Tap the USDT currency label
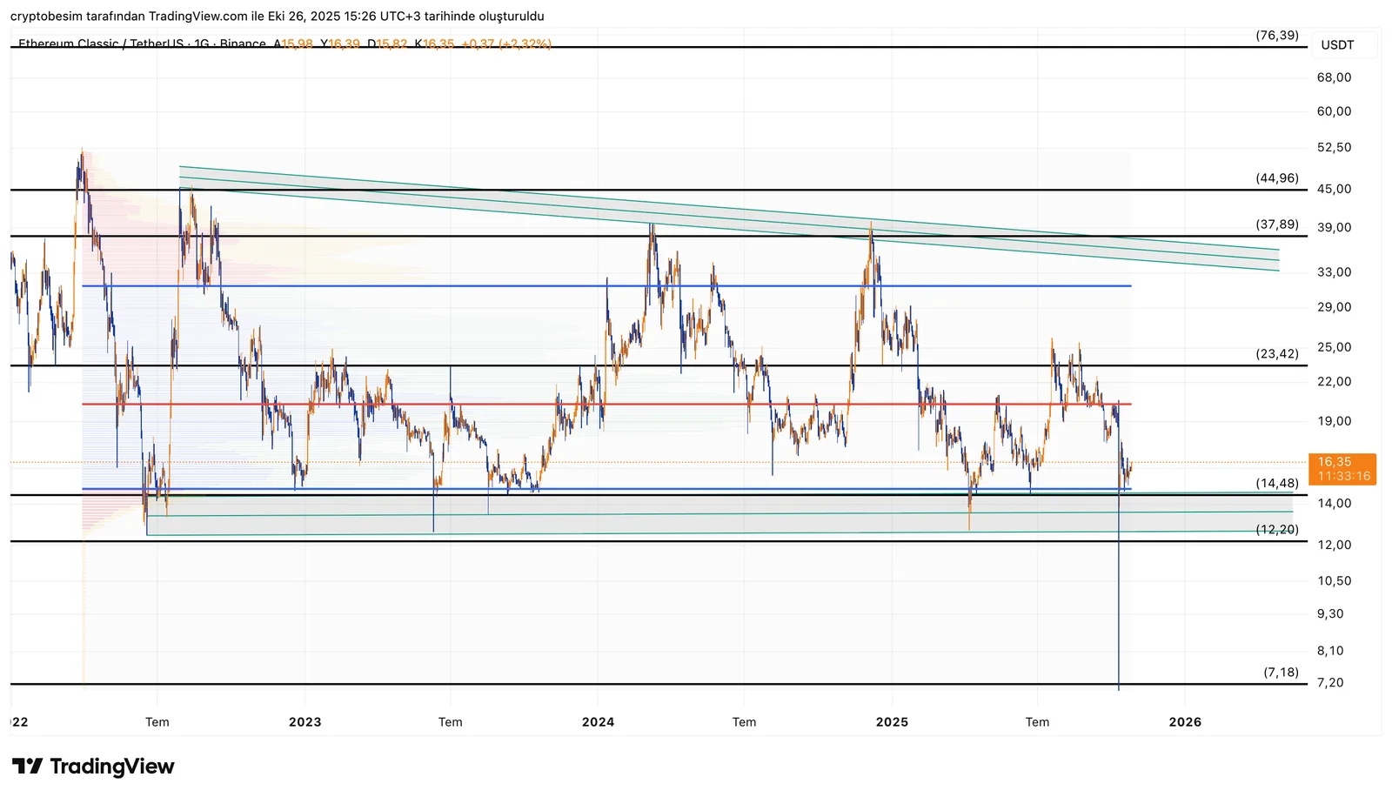(x=1337, y=45)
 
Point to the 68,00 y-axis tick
(x=1334, y=77)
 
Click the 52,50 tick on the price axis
(x=1334, y=148)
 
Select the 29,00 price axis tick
(x=1334, y=307)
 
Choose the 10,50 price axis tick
(x=1334, y=581)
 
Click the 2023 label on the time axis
(x=304, y=722)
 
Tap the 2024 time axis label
(x=598, y=722)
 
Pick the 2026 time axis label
(x=1185, y=722)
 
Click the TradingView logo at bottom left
(x=93, y=767)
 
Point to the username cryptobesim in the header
(x=46, y=17)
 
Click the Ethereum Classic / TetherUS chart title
(x=100, y=44)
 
